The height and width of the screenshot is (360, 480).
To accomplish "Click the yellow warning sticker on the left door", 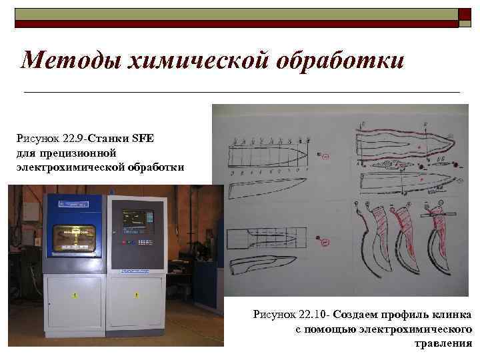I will click(75, 294).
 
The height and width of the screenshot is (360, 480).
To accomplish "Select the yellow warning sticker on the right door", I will click(137, 294).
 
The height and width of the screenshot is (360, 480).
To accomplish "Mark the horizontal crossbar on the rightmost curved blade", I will click(441, 213).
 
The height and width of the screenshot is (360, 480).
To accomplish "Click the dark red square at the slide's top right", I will click(463, 17).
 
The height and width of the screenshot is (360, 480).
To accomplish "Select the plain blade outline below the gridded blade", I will click(267, 188).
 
